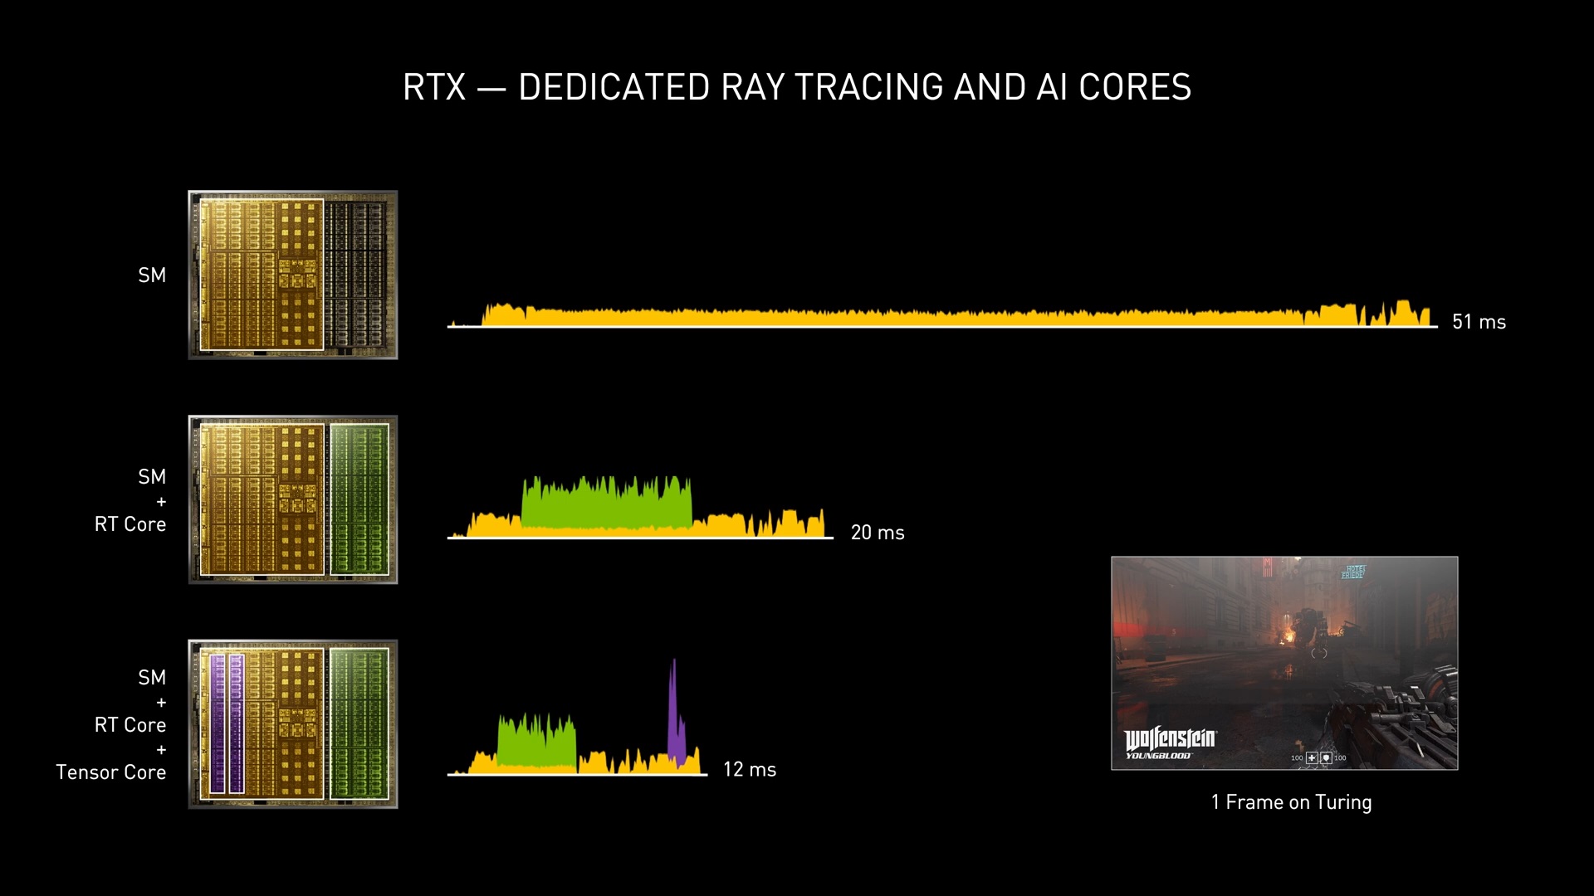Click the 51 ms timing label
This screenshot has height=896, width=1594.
[1479, 322]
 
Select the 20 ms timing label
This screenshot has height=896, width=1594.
[878, 533]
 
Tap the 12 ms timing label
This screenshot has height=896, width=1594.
[749, 770]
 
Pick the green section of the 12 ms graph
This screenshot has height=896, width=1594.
[536, 743]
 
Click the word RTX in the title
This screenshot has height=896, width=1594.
[434, 88]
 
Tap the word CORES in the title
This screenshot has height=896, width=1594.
[1135, 88]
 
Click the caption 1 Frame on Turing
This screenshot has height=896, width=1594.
[1291, 802]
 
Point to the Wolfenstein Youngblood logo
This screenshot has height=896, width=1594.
[1170, 742]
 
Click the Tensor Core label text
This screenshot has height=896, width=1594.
[111, 772]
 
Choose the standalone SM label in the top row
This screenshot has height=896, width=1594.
[152, 275]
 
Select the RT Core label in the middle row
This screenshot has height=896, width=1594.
[130, 524]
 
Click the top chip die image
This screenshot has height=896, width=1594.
[293, 275]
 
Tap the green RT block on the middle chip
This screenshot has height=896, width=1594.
[359, 499]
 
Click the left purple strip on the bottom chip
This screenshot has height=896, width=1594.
[218, 723]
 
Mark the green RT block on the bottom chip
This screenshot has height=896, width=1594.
[359, 723]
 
